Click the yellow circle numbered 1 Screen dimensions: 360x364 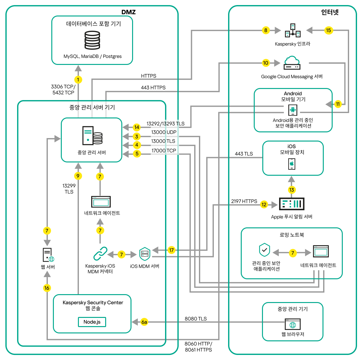pyautogui.click(x=78, y=79)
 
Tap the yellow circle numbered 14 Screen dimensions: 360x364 pyautogui.click(x=137, y=127)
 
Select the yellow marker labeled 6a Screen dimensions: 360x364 pyautogui.click(x=144, y=322)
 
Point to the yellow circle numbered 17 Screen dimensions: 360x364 pyautogui.click(x=171, y=250)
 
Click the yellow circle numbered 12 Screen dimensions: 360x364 pyautogui.click(x=264, y=205)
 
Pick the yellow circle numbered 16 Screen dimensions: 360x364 pyautogui.click(x=47, y=288)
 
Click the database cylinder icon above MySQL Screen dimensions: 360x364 pyautogui.click(x=92, y=40)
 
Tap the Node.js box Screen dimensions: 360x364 pyautogui.click(x=92, y=322)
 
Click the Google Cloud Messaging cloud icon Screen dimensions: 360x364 pyautogui.click(x=292, y=63)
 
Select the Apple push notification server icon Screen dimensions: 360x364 pyautogui.click(x=291, y=204)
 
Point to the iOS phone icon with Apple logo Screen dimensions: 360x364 pyautogui.click(x=292, y=164)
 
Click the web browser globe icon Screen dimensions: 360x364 pyautogui.click(x=293, y=325)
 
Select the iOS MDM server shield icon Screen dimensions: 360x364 pyautogui.click(x=145, y=254)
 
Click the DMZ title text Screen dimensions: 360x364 pyautogui.click(x=129, y=12)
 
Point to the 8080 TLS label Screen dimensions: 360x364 pyautogui.click(x=195, y=319)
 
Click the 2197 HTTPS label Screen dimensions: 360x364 pyautogui.click(x=244, y=201)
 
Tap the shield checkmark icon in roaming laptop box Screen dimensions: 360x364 pyautogui.click(x=265, y=250)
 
